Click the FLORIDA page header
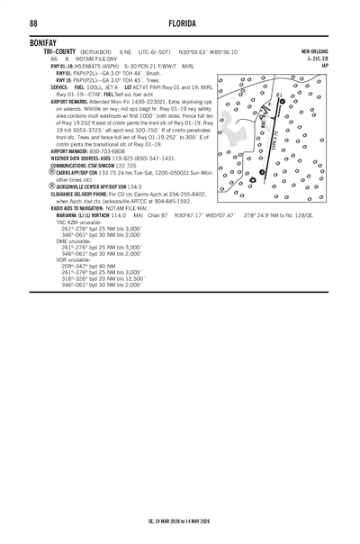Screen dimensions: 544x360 (x=180, y=23)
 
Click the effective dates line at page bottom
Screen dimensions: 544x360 (x=180, y=521)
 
